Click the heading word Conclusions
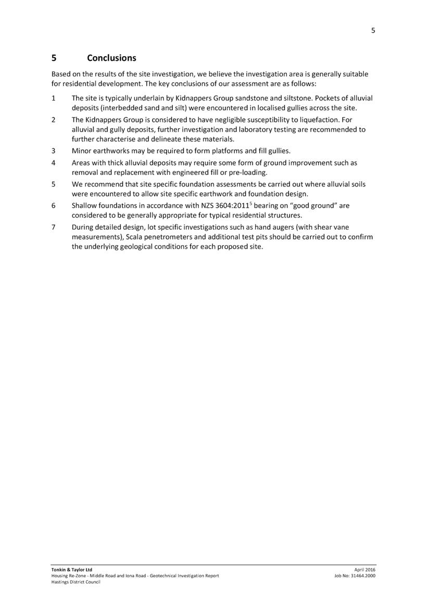tap(111, 57)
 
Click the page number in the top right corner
tap(373, 30)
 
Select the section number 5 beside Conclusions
tap(54, 57)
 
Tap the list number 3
tap(54, 151)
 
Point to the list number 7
tap(54, 227)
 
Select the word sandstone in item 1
tap(252, 98)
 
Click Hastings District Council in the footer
tap(76, 582)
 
